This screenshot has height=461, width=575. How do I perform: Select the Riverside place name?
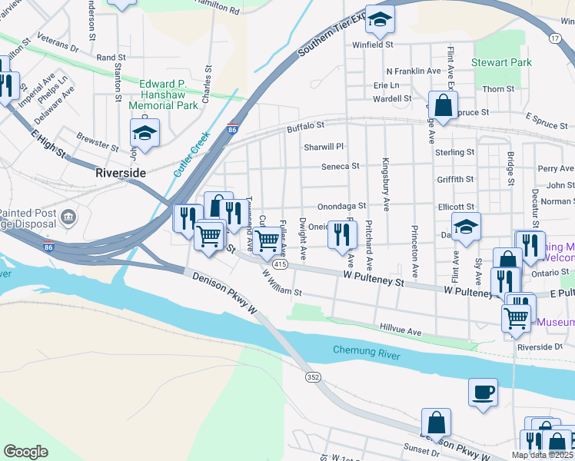[121, 173]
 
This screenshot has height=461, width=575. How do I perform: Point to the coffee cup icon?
[483, 392]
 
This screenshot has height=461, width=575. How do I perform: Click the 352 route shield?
[312, 377]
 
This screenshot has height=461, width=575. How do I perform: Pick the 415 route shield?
[280, 264]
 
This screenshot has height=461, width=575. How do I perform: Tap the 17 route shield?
[553, 37]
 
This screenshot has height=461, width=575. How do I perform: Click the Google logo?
[25, 451]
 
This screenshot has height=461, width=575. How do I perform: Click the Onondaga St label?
[341, 207]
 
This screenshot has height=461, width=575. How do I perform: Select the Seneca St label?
[341, 166]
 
